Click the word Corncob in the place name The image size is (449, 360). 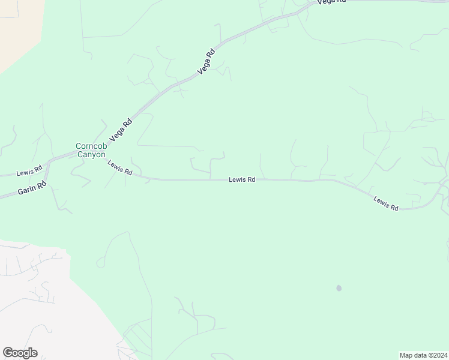[x=90, y=146]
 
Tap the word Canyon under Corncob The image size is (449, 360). [x=90, y=154]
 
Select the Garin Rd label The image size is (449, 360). [x=32, y=188]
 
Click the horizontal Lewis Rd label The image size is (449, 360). [x=242, y=179]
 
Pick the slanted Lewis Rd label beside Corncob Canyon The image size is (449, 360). [x=119, y=167]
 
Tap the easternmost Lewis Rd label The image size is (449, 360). [x=386, y=203]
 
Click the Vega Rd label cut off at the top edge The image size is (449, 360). [x=331, y=2]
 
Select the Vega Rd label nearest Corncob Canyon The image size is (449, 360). [x=125, y=130]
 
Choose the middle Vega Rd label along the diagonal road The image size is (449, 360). [x=206, y=62]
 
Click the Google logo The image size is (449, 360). [x=20, y=353]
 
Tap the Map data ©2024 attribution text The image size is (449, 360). [x=423, y=355]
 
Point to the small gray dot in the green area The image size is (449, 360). [x=339, y=288]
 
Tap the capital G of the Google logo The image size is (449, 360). [x=8, y=353]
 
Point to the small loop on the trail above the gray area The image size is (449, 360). [x=100, y=262]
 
